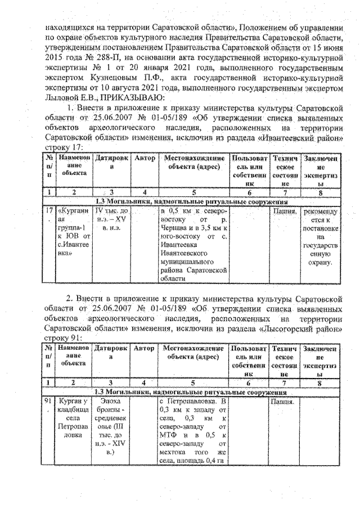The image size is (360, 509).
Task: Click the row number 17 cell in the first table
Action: click(x=49, y=213)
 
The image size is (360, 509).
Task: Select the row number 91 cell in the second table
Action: click(x=49, y=403)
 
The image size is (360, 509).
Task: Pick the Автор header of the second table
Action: click(x=145, y=349)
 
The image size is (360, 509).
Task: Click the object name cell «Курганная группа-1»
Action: click(x=74, y=233)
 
